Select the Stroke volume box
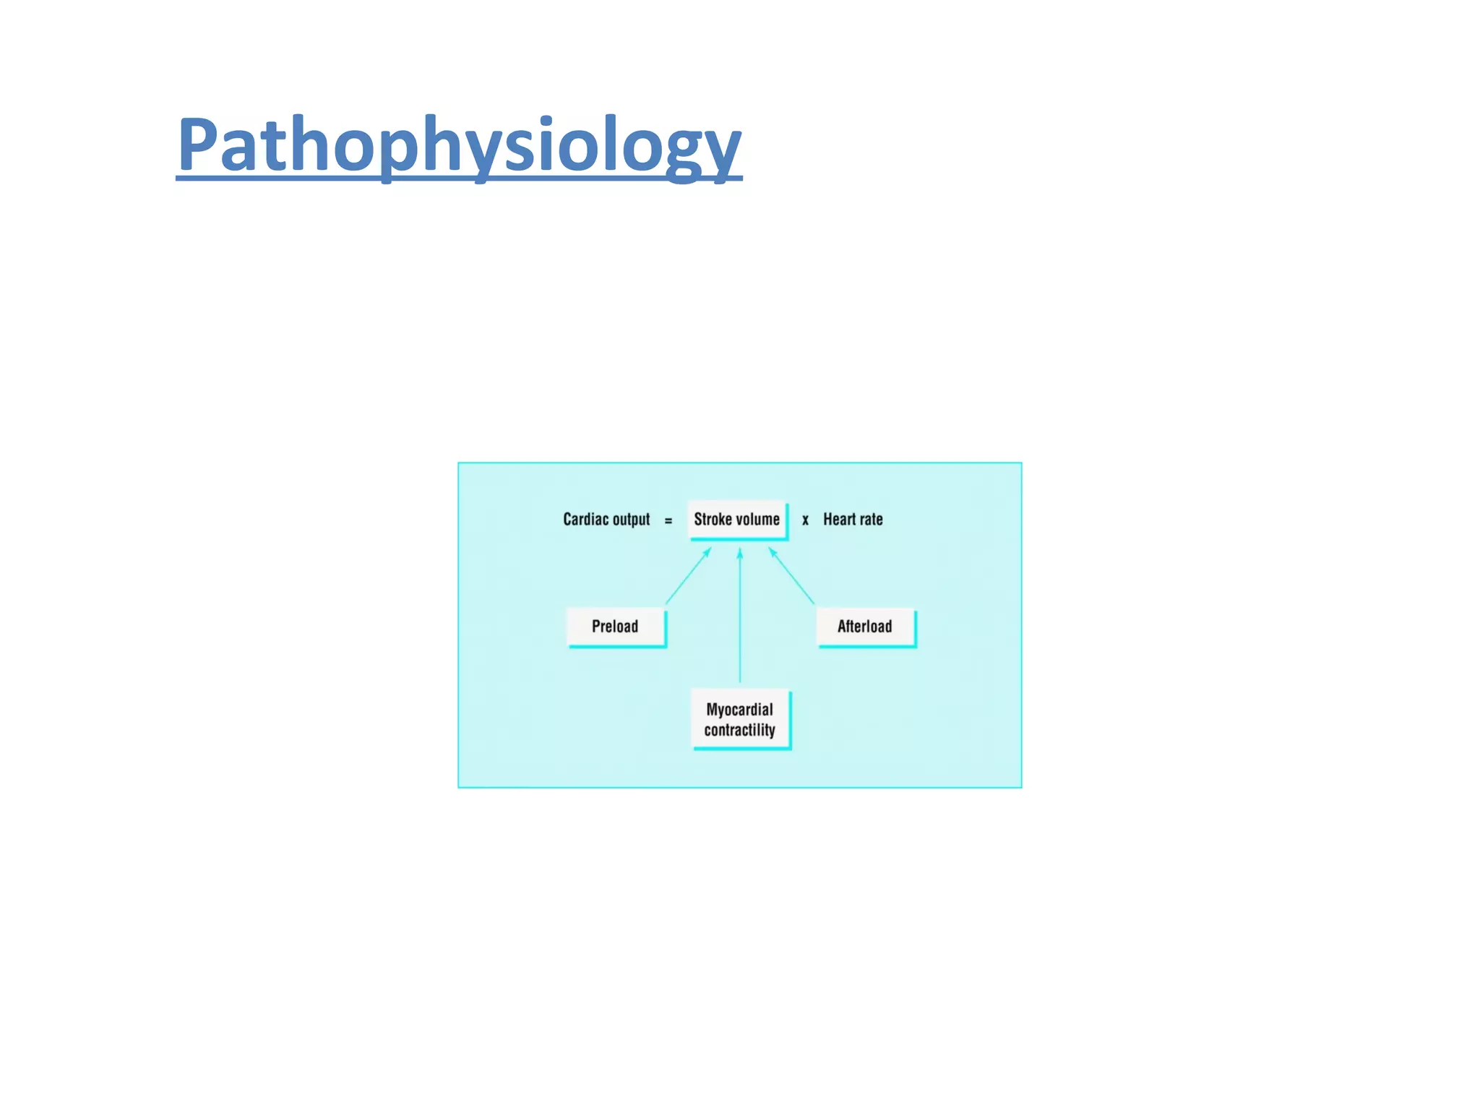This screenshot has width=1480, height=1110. tap(736, 520)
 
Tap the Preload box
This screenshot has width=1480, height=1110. tap(615, 627)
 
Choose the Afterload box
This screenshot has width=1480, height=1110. tap(865, 627)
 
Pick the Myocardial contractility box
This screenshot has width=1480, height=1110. tap(740, 720)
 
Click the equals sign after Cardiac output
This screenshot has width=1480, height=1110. tap(668, 520)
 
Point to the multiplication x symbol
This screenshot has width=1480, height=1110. tap(805, 520)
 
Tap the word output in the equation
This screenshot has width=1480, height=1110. tap(631, 520)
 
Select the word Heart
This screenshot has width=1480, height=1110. tap(839, 520)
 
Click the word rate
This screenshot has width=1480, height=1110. tap(871, 520)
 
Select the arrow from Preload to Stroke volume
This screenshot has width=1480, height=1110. tap(688, 576)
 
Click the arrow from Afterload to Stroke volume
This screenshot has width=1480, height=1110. tap(792, 576)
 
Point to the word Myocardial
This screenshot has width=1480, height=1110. tap(739, 710)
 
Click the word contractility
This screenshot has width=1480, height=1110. tap(739, 731)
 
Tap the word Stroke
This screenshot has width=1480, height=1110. tap(713, 520)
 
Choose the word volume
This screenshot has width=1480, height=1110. tap(758, 520)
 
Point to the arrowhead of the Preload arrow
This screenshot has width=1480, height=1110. tap(708, 551)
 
